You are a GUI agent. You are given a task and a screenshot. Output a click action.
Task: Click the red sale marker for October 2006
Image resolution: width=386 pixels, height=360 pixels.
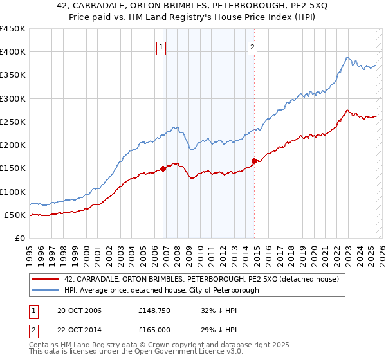point(163,169)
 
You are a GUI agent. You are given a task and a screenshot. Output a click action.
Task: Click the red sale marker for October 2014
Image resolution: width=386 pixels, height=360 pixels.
point(254,161)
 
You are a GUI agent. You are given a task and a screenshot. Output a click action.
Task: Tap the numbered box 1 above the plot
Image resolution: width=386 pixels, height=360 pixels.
point(160,46)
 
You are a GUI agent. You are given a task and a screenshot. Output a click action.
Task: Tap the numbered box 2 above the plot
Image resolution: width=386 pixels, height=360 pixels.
point(253,46)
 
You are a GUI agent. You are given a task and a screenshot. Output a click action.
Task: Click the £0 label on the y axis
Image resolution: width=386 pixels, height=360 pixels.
point(19,238)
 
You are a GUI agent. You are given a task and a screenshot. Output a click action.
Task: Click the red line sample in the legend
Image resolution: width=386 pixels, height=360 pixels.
point(46,279)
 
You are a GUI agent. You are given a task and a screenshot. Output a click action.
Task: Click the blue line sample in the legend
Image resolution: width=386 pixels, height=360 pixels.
point(46,291)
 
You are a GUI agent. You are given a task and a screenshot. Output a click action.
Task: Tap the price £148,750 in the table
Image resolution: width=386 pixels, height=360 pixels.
point(154,310)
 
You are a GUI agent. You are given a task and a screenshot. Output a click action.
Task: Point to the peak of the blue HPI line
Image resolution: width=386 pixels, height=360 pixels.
point(346,57)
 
